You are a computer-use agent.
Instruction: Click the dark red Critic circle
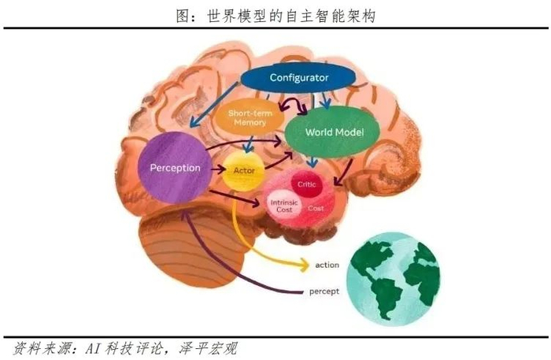click(305, 184)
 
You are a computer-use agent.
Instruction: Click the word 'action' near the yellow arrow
click(327, 265)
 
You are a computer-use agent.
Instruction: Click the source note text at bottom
click(126, 347)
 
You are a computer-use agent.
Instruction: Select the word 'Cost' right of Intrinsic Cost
click(316, 208)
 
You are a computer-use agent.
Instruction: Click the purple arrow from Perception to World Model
click(244, 147)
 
